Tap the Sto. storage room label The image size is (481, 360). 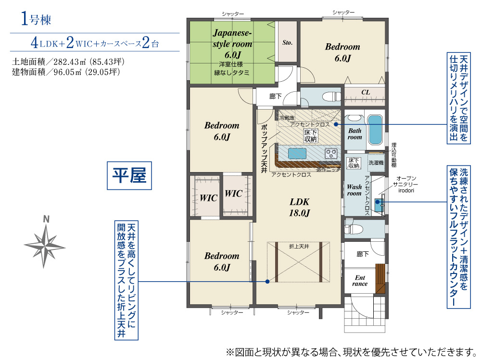point(288,43)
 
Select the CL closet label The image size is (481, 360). point(366,92)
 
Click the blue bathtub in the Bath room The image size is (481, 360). point(375,130)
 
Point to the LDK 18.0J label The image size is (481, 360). point(299,207)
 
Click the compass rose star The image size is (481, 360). point(45,246)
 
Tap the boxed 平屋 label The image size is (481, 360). point(129,175)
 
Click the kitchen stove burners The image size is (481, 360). point(331,153)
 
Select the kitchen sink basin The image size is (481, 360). point(297,153)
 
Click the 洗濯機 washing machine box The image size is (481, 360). point(376,162)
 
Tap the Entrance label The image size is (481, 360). point(360,280)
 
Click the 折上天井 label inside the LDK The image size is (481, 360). point(299,246)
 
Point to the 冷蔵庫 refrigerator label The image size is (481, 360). point(287,118)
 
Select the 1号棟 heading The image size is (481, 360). point(36,19)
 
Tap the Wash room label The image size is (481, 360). point(354,190)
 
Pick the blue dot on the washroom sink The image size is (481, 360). point(378,202)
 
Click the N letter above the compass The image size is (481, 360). point(46,219)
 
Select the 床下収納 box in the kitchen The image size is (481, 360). point(310,136)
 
